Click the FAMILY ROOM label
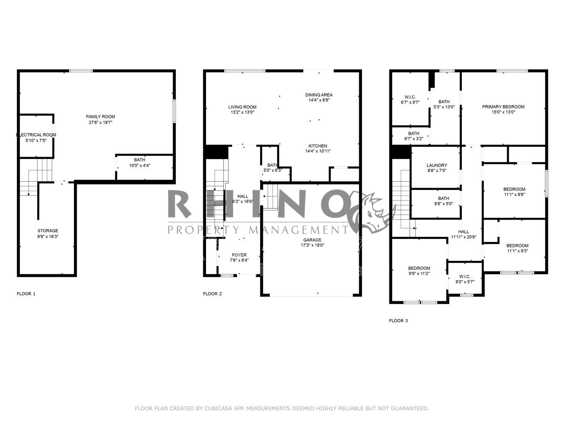(101, 117)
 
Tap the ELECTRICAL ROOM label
(36, 135)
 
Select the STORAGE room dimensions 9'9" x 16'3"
(48, 237)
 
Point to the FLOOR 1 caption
(26, 293)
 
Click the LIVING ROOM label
(242, 107)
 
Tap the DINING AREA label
(319, 95)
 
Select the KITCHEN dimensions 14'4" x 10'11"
(318, 151)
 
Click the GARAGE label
(312, 240)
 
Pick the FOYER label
(239, 255)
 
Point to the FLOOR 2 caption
(212, 293)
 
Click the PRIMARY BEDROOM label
(503, 107)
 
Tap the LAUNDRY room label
(437, 165)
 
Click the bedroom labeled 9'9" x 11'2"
(419, 271)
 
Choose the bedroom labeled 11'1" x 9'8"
(514, 192)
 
